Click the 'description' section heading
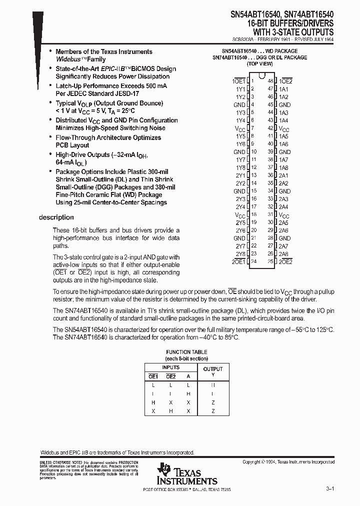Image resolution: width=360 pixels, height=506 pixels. click(56, 217)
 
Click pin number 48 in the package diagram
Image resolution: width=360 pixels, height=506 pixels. click(270, 81)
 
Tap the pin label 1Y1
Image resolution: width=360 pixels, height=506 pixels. click(240, 89)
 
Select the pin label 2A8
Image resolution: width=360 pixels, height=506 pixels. click(283, 254)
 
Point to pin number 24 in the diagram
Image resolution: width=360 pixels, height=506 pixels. click(254, 261)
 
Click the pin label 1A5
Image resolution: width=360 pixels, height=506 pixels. click(283, 136)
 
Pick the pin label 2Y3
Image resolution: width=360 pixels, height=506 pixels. click(240, 199)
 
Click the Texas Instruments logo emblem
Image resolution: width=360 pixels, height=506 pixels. click(164, 470)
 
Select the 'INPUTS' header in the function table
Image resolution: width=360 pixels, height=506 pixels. click(170, 367)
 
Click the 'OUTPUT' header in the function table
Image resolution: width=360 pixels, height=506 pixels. click(213, 369)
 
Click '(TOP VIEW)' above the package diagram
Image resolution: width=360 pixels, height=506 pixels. click(259, 64)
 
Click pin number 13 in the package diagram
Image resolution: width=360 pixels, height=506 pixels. click(254, 175)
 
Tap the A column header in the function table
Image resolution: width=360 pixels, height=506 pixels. click(188, 376)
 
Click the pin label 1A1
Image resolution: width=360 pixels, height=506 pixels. click(283, 89)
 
